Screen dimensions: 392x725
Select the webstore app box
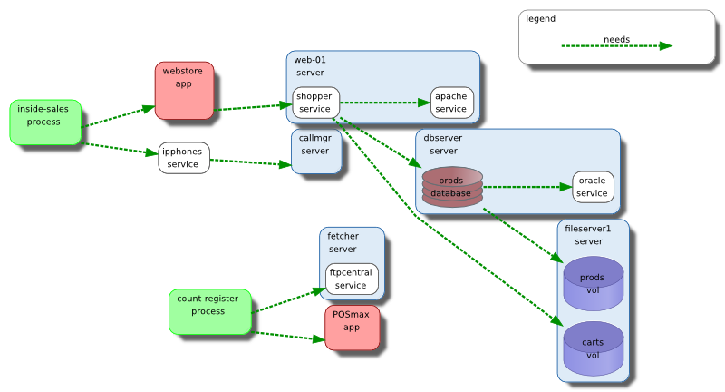tap(184, 89)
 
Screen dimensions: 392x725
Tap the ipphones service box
tap(184, 158)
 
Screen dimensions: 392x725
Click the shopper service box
tap(314, 103)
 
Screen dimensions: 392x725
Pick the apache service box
tap(450, 103)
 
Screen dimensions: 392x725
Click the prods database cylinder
tap(451, 187)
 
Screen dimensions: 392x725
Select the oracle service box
tap(593, 187)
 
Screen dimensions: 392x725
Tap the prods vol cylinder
tap(594, 283)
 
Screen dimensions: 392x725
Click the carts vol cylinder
tap(594, 349)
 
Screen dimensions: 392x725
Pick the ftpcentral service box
tap(352, 279)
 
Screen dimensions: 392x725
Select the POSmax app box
tap(352, 328)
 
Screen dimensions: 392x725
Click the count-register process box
tap(208, 311)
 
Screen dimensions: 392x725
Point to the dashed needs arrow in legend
tap(616, 46)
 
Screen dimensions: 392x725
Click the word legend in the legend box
tap(540, 18)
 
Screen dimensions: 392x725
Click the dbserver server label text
tap(443, 143)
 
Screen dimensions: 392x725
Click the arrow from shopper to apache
tap(384, 103)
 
